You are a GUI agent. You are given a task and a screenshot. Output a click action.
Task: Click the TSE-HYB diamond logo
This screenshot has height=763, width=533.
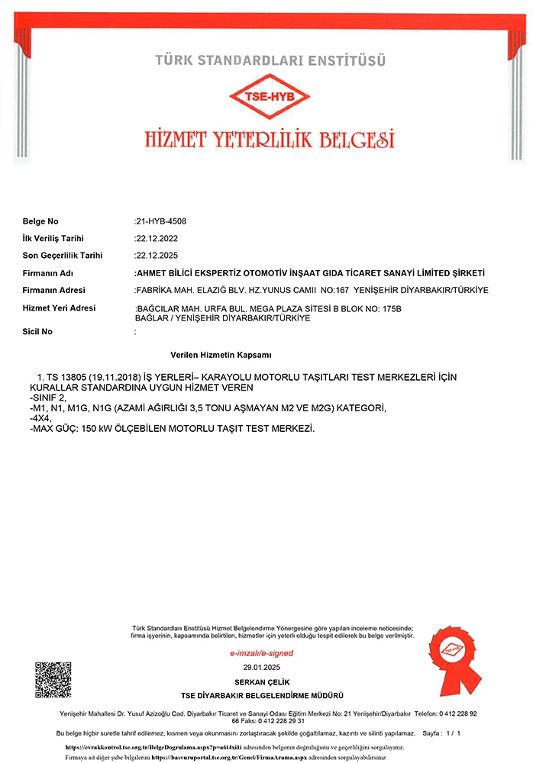[x=270, y=98]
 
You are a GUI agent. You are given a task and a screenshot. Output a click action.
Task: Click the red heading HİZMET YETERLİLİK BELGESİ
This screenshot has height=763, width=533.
[x=270, y=140]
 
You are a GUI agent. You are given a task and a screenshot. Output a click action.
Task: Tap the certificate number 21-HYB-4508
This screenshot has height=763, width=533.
[x=161, y=221]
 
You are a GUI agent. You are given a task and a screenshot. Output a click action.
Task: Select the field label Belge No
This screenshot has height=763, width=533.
[x=40, y=221]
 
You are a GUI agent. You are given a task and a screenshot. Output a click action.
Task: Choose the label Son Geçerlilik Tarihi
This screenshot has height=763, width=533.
[x=63, y=256]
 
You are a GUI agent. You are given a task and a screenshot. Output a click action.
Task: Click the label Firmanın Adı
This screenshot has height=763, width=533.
[x=48, y=273]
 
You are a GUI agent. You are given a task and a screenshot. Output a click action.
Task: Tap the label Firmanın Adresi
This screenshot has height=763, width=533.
[x=54, y=290]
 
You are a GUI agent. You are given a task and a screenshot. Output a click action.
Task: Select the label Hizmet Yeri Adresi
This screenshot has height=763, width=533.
[x=60, y=307]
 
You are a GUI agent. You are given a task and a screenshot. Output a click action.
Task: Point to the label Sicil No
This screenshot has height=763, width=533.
[x=37, y=332]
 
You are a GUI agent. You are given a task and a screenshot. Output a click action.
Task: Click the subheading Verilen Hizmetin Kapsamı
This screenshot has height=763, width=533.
[x=221, y=356]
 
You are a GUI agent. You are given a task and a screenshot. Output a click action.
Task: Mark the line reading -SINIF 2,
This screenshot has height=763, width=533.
[x=48, y=398]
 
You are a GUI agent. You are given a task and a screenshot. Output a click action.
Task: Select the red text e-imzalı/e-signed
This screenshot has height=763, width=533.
[x=261, y=654]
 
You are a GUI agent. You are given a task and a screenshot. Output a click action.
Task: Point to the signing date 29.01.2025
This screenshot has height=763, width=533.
[x=262, y=668]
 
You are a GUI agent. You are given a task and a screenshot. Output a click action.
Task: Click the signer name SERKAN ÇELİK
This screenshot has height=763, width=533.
[x=262, y=681]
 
